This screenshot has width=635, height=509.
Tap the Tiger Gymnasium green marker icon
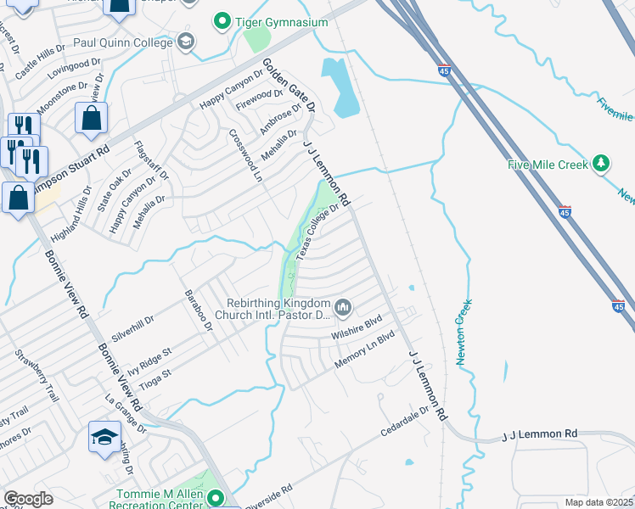point(222,20)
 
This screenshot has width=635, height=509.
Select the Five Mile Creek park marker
point(601,163)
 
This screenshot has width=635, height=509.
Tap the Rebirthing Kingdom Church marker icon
point(343,307)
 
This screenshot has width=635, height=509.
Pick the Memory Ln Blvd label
point(365,349)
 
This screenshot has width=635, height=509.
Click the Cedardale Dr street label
point(405,420)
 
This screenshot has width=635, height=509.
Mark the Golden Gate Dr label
point(289,86)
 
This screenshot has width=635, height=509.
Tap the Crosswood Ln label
point(246,155)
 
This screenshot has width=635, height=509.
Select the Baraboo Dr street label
point(196,311)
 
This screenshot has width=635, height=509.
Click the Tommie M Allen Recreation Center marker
point(216,498)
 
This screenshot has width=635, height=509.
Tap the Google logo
point(29,499)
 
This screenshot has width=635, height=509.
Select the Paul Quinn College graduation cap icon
point(185,42)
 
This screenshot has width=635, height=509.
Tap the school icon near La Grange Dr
point(104,438)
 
